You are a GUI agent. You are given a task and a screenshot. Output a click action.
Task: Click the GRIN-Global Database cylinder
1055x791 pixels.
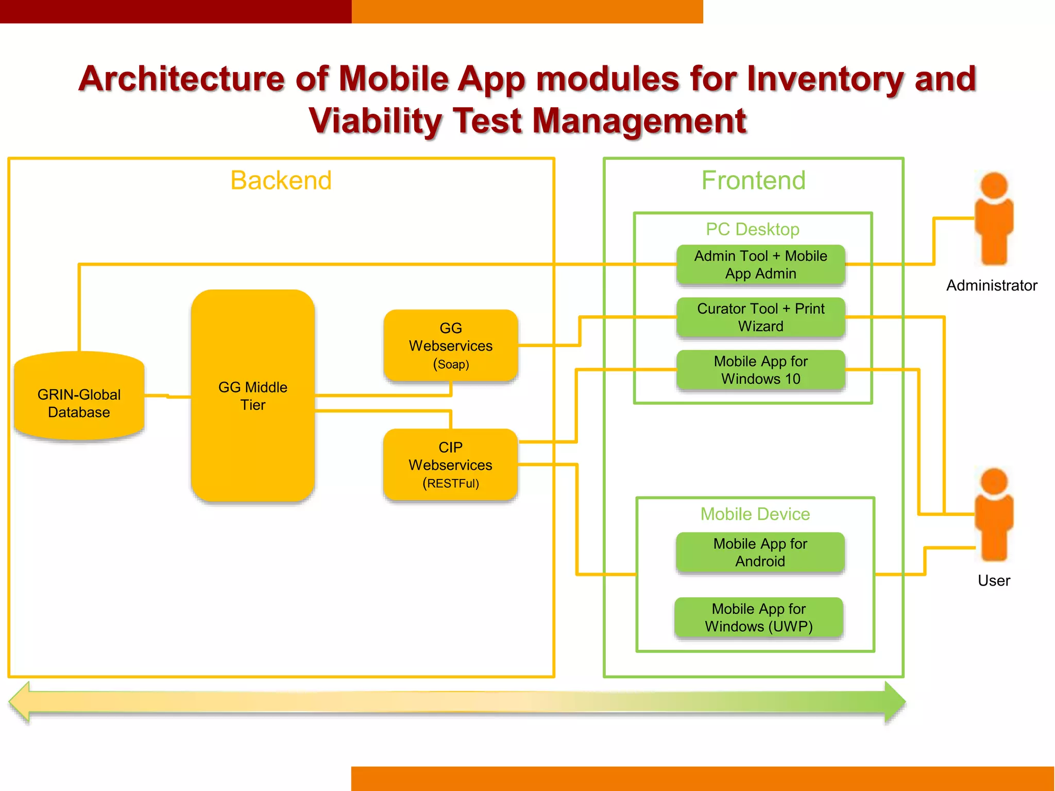pyautogui.click(x=79, y=397)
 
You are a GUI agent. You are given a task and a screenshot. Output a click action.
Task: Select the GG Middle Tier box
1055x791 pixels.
pyautogui.click(x=252, y=395)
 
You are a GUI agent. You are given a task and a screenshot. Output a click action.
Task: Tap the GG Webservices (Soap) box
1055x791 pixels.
pyautogui.click(x=451, y=346)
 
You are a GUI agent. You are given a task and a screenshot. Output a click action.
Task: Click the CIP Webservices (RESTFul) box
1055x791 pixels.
pyautogui.click(x=451, y=465)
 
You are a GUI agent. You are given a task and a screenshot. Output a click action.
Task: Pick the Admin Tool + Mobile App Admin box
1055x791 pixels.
pyautogui.click(x=760, y=265)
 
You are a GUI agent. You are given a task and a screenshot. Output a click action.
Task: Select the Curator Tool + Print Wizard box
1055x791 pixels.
pyautogui.click(x=760, y=317)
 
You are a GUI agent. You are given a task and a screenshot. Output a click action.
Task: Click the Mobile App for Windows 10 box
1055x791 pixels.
pyautogui.click(x=760, y=370)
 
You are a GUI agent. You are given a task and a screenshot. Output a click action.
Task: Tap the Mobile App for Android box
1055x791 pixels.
pyautogui.click(x=760, y=552)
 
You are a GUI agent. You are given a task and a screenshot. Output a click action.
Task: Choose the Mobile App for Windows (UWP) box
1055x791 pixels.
pyautogui.click(x=759, y=617)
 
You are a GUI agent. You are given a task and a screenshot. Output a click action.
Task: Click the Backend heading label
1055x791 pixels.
pyautogui.click(x=281, y=180)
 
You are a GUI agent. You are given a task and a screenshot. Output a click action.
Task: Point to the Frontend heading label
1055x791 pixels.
pyautogui.click(x=753, y=180)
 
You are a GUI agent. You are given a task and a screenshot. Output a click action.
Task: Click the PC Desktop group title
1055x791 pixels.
pyautogui.click(x=753, y=229)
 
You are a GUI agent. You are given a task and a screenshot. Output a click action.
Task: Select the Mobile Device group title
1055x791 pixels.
pyautogui.click(x=755, y=514)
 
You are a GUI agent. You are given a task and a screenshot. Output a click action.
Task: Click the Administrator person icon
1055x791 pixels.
pyautogui.click(x=994, y=219)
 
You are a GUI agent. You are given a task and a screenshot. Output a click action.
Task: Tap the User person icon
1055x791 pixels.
pyautogui.click(x=994, y=515)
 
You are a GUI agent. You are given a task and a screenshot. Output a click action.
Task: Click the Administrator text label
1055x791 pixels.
pyautogui.click(x=992, y=285)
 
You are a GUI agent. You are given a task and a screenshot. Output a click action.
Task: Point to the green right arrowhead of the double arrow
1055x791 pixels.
pyautogui.click(x=894, y=701)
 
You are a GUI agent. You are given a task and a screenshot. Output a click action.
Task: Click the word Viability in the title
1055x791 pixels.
pyautogui.click(x=375, y=121)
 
